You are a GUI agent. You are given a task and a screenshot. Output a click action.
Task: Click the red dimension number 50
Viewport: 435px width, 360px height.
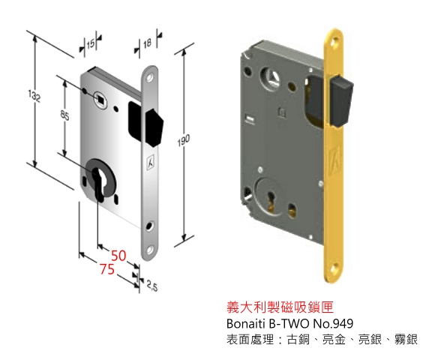(118, 256)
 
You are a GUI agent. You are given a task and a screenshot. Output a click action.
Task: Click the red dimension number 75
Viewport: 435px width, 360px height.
(106, 269)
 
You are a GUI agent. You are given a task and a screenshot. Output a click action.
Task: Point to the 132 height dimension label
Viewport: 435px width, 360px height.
(34, 97)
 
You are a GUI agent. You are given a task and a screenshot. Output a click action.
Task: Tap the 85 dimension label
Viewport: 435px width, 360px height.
(64, 115)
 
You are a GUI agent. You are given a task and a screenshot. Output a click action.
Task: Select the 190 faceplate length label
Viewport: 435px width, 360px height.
(183, 140)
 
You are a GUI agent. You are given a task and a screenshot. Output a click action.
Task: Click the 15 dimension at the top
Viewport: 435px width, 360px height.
(91, 43)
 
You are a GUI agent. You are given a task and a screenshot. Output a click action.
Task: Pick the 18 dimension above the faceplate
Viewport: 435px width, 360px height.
(147, 43)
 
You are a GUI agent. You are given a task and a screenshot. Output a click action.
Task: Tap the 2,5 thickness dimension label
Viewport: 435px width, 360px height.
(152, 286)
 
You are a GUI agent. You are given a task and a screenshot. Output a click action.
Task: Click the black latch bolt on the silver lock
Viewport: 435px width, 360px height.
(154, 127)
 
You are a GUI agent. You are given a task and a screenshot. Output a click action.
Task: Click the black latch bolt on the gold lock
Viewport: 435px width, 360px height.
(341, 102)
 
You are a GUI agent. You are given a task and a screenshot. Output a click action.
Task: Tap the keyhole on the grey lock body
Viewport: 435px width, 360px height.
(270, 203)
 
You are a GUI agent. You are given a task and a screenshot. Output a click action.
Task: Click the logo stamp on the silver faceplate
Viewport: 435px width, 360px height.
(151, 161)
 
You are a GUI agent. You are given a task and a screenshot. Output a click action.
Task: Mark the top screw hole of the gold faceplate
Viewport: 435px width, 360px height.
(334, 42)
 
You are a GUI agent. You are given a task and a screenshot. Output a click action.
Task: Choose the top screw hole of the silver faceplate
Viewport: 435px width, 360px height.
(151, 77)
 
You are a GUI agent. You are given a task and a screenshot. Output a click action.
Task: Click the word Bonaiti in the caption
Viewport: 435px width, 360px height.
(244, 323)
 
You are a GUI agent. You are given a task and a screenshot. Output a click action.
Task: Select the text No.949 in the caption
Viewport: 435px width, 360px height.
(333, 323)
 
